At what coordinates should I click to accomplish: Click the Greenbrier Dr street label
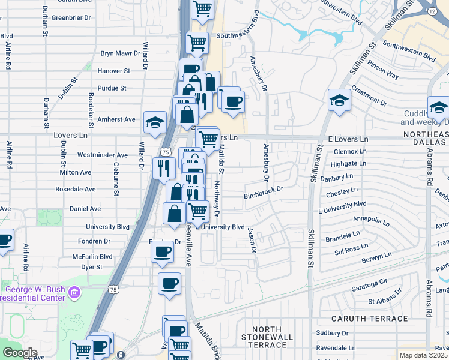[71, 18]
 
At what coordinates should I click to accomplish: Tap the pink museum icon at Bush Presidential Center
[74, 292]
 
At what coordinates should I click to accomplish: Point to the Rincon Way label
[384, 71]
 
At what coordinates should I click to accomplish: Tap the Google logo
[20, 353]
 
